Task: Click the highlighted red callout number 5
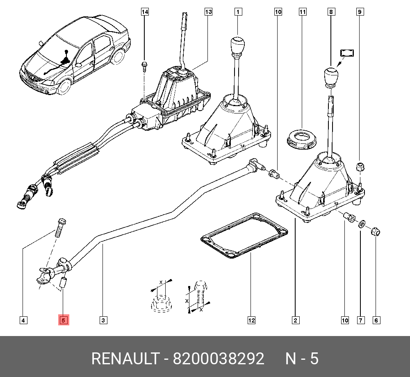tap(64, 320)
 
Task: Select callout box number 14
tap(144, 12)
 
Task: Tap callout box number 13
tap(208, 12)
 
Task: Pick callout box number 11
tap(303, 12)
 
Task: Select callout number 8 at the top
tap(331, 12)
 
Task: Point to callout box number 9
tap(360, 12)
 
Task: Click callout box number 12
tap(251, 320)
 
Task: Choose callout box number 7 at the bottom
tap(361, 320)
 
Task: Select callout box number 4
tap(23, 320)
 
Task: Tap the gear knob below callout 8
tap(331, 76)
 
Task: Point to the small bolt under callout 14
tap(144, 66)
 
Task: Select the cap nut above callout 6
tap(375, 232)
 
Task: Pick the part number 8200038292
tap(218, 359)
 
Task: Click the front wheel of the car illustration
tap(64, 87)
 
